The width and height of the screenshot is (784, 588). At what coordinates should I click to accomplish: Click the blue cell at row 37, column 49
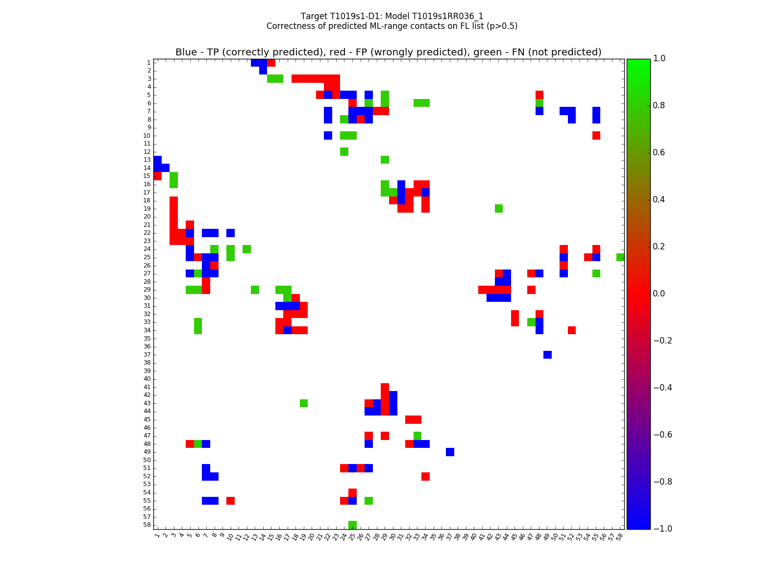click(x=547, y=354)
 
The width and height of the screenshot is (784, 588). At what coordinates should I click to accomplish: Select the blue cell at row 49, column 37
click(x=450, y=452)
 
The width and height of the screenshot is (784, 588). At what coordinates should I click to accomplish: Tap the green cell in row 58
click(x=352, y=525)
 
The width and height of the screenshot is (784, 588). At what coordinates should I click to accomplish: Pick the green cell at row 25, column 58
click(x=620, y=257)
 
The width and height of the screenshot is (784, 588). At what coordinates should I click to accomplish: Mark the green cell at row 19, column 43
click(x=499, y=208)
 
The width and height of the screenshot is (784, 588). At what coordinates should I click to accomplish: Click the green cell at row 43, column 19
click(x=304, y=403)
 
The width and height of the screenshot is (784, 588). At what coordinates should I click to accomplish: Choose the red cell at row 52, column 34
click(x=425, y=476)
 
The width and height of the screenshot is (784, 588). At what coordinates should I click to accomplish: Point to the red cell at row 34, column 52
click(x=572, y=330)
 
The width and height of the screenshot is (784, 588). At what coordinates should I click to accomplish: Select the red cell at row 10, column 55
click(x=596, y=135)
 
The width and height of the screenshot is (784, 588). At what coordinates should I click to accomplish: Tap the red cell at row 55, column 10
click(x=230, y=500)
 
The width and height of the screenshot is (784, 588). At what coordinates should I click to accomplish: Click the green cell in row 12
click(x=344, y=151)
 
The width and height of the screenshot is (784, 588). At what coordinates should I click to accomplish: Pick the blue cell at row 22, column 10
click(x=230, y=233)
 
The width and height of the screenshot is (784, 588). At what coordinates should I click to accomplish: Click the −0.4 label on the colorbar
click(x=662, y=388)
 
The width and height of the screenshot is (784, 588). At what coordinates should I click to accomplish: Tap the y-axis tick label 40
click(x=147, y=379)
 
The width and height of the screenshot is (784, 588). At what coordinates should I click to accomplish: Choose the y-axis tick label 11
click(x=147, y=144)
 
